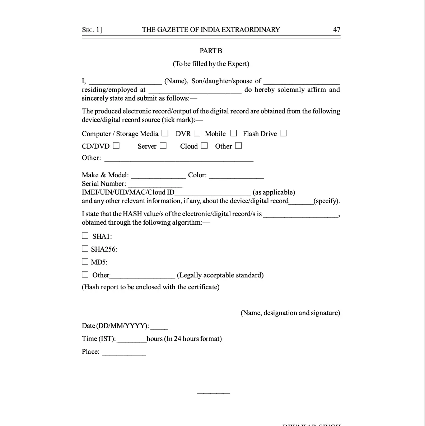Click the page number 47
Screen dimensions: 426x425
pos(336,30)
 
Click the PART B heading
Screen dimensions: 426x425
pos(211,51)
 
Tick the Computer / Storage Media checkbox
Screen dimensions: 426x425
pos(165,133)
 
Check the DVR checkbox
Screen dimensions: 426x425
pos(197,133)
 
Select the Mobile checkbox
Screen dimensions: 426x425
pos(234,133)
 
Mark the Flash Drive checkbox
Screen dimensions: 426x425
pos(283,133)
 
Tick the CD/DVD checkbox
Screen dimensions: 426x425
pos(116,146)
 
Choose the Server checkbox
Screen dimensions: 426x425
pos(163,146)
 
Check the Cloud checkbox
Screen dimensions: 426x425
pos(204,146)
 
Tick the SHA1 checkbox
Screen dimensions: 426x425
pos(85,236)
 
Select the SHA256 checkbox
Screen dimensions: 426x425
pos(85,249)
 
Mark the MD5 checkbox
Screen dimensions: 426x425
pos(85,262)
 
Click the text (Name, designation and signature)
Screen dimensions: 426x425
pos(290,313)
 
